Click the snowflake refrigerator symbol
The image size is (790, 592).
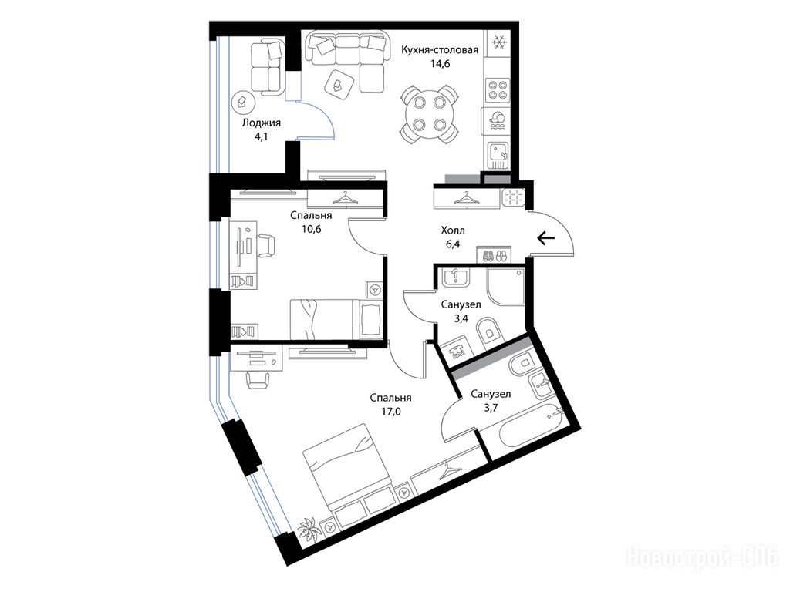[x=499, y=43]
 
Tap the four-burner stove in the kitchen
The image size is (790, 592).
[x=498, y=90]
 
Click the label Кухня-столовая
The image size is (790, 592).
[x=439, y=50]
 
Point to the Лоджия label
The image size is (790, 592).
[x=261, y=123]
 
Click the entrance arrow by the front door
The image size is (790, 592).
[x=546, y=237]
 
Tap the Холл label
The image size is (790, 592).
[x=452, y=230]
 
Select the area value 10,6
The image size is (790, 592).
[x=311, y=229]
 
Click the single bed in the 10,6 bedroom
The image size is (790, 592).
[x=336, y=319]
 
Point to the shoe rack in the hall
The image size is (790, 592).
[x=494, y=254]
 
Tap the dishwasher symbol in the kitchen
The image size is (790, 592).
[x=498, y=121]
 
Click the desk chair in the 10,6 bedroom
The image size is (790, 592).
[x=266, y=246]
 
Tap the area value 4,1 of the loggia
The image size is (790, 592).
[x=261, y=136]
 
